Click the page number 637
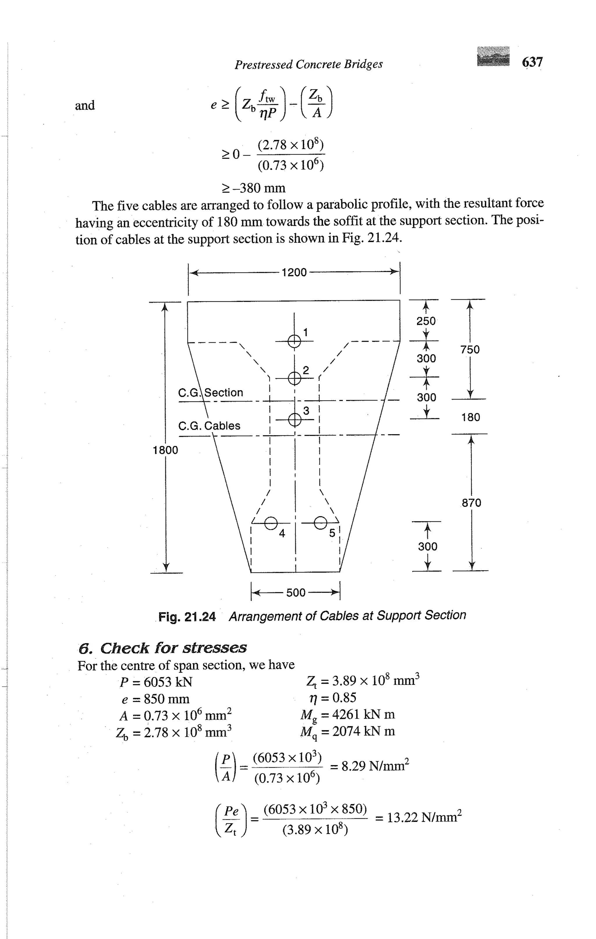click(x=532, y=62)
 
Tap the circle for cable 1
click(x=294, y=341)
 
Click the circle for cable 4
click(x=271, y=523)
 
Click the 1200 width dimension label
click(x=294, y=272)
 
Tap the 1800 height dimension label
click(x=165, y=450)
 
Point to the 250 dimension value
click(x=426, y=321)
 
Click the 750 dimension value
click(x=470, y=349)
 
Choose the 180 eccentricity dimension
click(x=471, y=417)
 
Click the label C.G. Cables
click(x=209, y=426)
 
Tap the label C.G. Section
click(x=210, y=392)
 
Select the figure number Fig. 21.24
click(x=187, y=617)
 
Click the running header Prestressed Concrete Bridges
click(x=308, y=64)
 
